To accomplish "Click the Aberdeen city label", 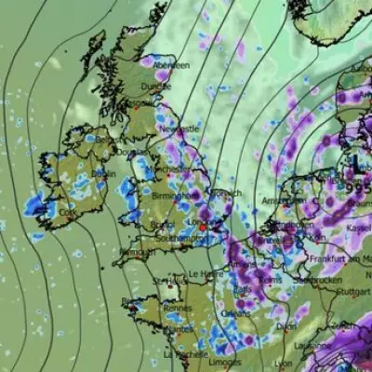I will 172,66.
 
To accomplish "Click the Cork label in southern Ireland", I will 67,213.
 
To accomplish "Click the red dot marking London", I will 202,226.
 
